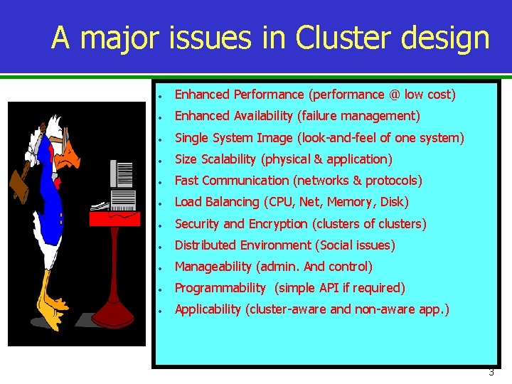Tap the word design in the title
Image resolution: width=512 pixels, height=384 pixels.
452,38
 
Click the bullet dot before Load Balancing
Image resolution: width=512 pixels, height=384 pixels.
163,203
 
